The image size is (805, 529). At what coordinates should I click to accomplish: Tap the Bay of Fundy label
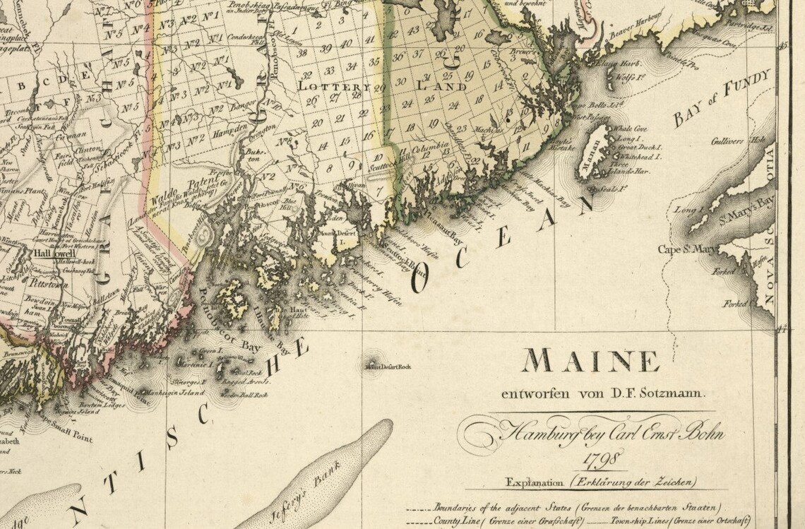point(720,99)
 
